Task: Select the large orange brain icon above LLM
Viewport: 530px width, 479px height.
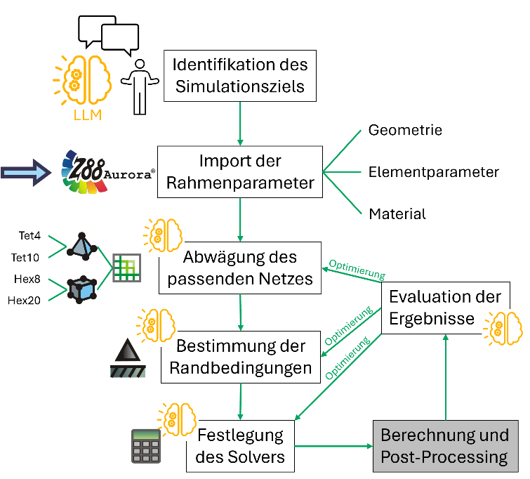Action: [84, 78]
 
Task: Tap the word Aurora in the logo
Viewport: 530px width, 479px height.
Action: [129, 174]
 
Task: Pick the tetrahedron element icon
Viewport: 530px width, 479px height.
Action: [81, 247]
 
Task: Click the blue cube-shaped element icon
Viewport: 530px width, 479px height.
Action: [81, 289]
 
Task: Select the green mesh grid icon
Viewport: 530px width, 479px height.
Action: [127, 267]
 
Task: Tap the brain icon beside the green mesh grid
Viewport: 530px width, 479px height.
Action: [164, 235]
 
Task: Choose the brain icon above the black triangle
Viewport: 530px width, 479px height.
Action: [157, 326]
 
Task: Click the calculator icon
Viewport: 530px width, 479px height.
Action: [146, 445]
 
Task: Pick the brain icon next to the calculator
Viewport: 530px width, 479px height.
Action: [177, 420]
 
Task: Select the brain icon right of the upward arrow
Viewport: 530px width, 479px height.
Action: [503, 329]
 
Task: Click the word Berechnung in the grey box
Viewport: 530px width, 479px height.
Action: [415, 435]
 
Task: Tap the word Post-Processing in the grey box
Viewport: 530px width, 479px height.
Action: [444, 457]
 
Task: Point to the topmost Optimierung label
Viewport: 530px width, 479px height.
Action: [357, 270]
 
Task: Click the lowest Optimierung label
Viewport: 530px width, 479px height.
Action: [347, 359]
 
